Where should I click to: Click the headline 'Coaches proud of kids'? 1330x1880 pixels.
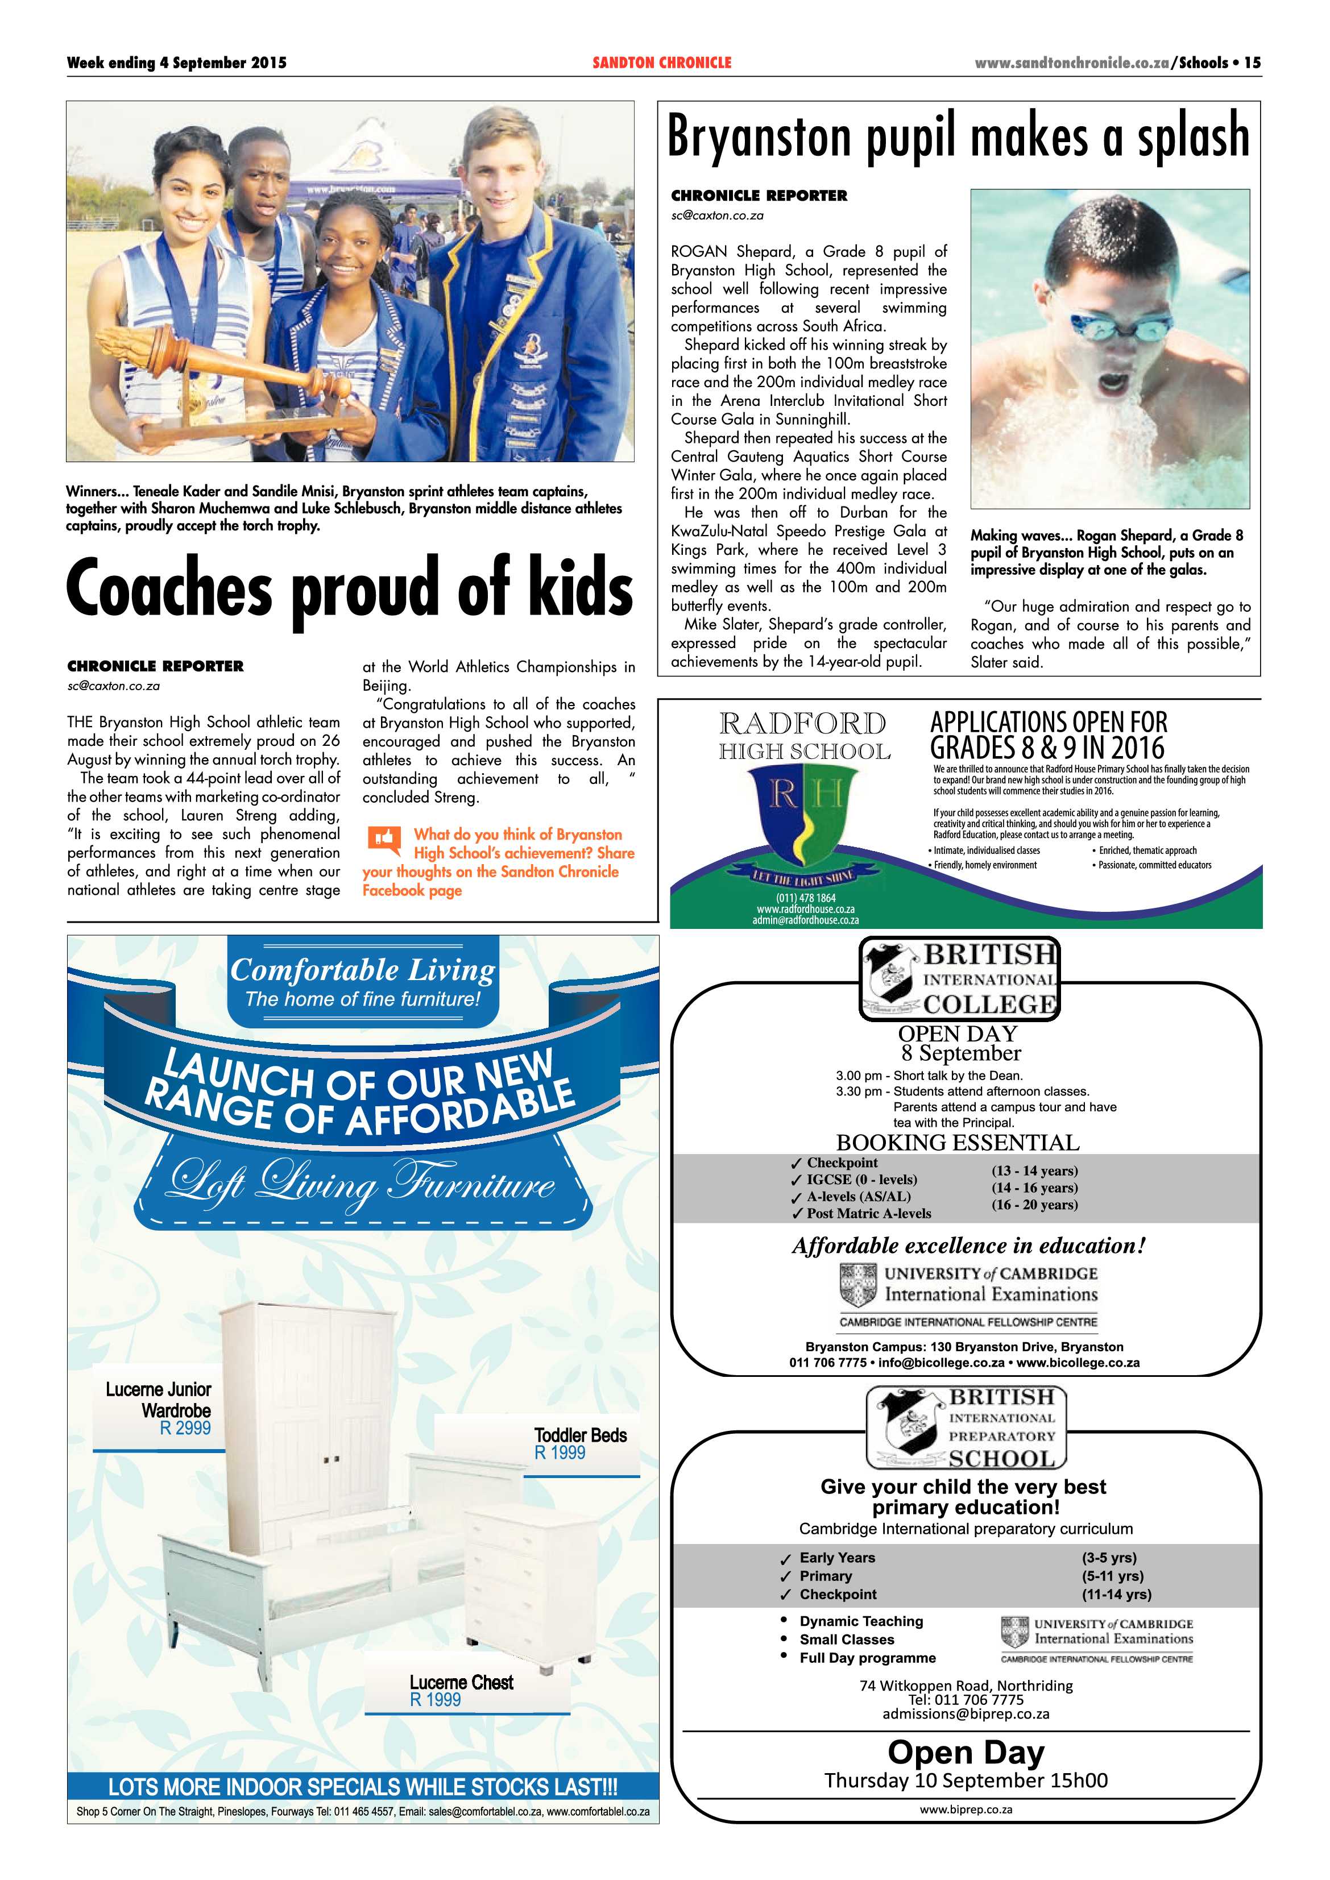tap(350, 588)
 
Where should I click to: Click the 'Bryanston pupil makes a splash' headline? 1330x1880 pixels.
tap(958, 138)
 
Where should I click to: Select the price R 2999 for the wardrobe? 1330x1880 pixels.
tap(185, 1428)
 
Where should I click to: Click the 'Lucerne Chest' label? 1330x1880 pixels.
tap(461, 1683)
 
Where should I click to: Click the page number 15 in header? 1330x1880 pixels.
tap(1252, 62)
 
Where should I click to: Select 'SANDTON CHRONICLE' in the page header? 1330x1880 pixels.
tap(662, 62)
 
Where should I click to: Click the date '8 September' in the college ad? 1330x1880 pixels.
tap(960, 1053)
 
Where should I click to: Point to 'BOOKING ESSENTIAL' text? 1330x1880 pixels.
tap(958, 1142)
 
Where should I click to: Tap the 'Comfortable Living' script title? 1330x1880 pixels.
tap(362, 970)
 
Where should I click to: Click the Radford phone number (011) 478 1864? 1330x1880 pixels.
tap(805, 898)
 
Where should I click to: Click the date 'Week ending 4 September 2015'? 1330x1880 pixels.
tap(177, 62)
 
